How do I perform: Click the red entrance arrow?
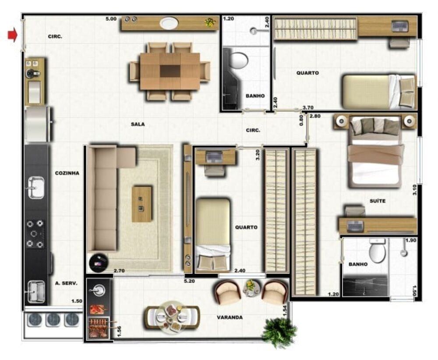pyautogui.click(x=12, y=35)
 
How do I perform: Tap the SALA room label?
pyautogui.click(x=138, y=124)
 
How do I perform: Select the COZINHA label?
pyautogui.click(x=67, y=173)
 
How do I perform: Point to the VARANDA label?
pyautogui.click(x=230, y=317)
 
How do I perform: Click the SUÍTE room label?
pyautogui.click(x=378, y=201)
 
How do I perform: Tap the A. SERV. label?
pyautogui.click(x=66, y=283)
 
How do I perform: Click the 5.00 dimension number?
pyautogui.click(x=111, y=19)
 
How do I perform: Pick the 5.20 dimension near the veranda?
pyautogui.click(x=189, y=281)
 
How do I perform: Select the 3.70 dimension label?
pyautogui.click(x=308, y=107)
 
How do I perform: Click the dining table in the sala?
pyautogui.click(x=170, y=71)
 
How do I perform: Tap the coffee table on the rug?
pyautogui.click(x=142, y=204)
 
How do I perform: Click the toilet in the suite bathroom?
pyautogui.click(x=377, y=250)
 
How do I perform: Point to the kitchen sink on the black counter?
pyautogui.click(x=36, y=187)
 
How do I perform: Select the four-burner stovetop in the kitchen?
pyautogui.click(x=35, y=234)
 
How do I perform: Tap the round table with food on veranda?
pyautogui.click(x=172, y=317)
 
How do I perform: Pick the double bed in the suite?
pyautogui.click(x=375, y=152)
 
